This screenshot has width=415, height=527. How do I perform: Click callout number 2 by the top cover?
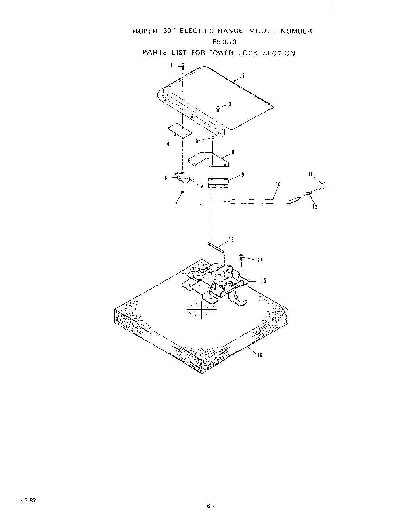point(243,76)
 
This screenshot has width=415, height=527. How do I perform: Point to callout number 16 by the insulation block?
point(260,355)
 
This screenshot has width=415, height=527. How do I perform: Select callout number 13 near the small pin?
point(231,240)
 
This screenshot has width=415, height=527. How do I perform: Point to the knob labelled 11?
point(323,185)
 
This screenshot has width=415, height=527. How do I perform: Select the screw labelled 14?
point(241,258)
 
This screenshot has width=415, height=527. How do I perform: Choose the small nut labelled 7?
point(182,193)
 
